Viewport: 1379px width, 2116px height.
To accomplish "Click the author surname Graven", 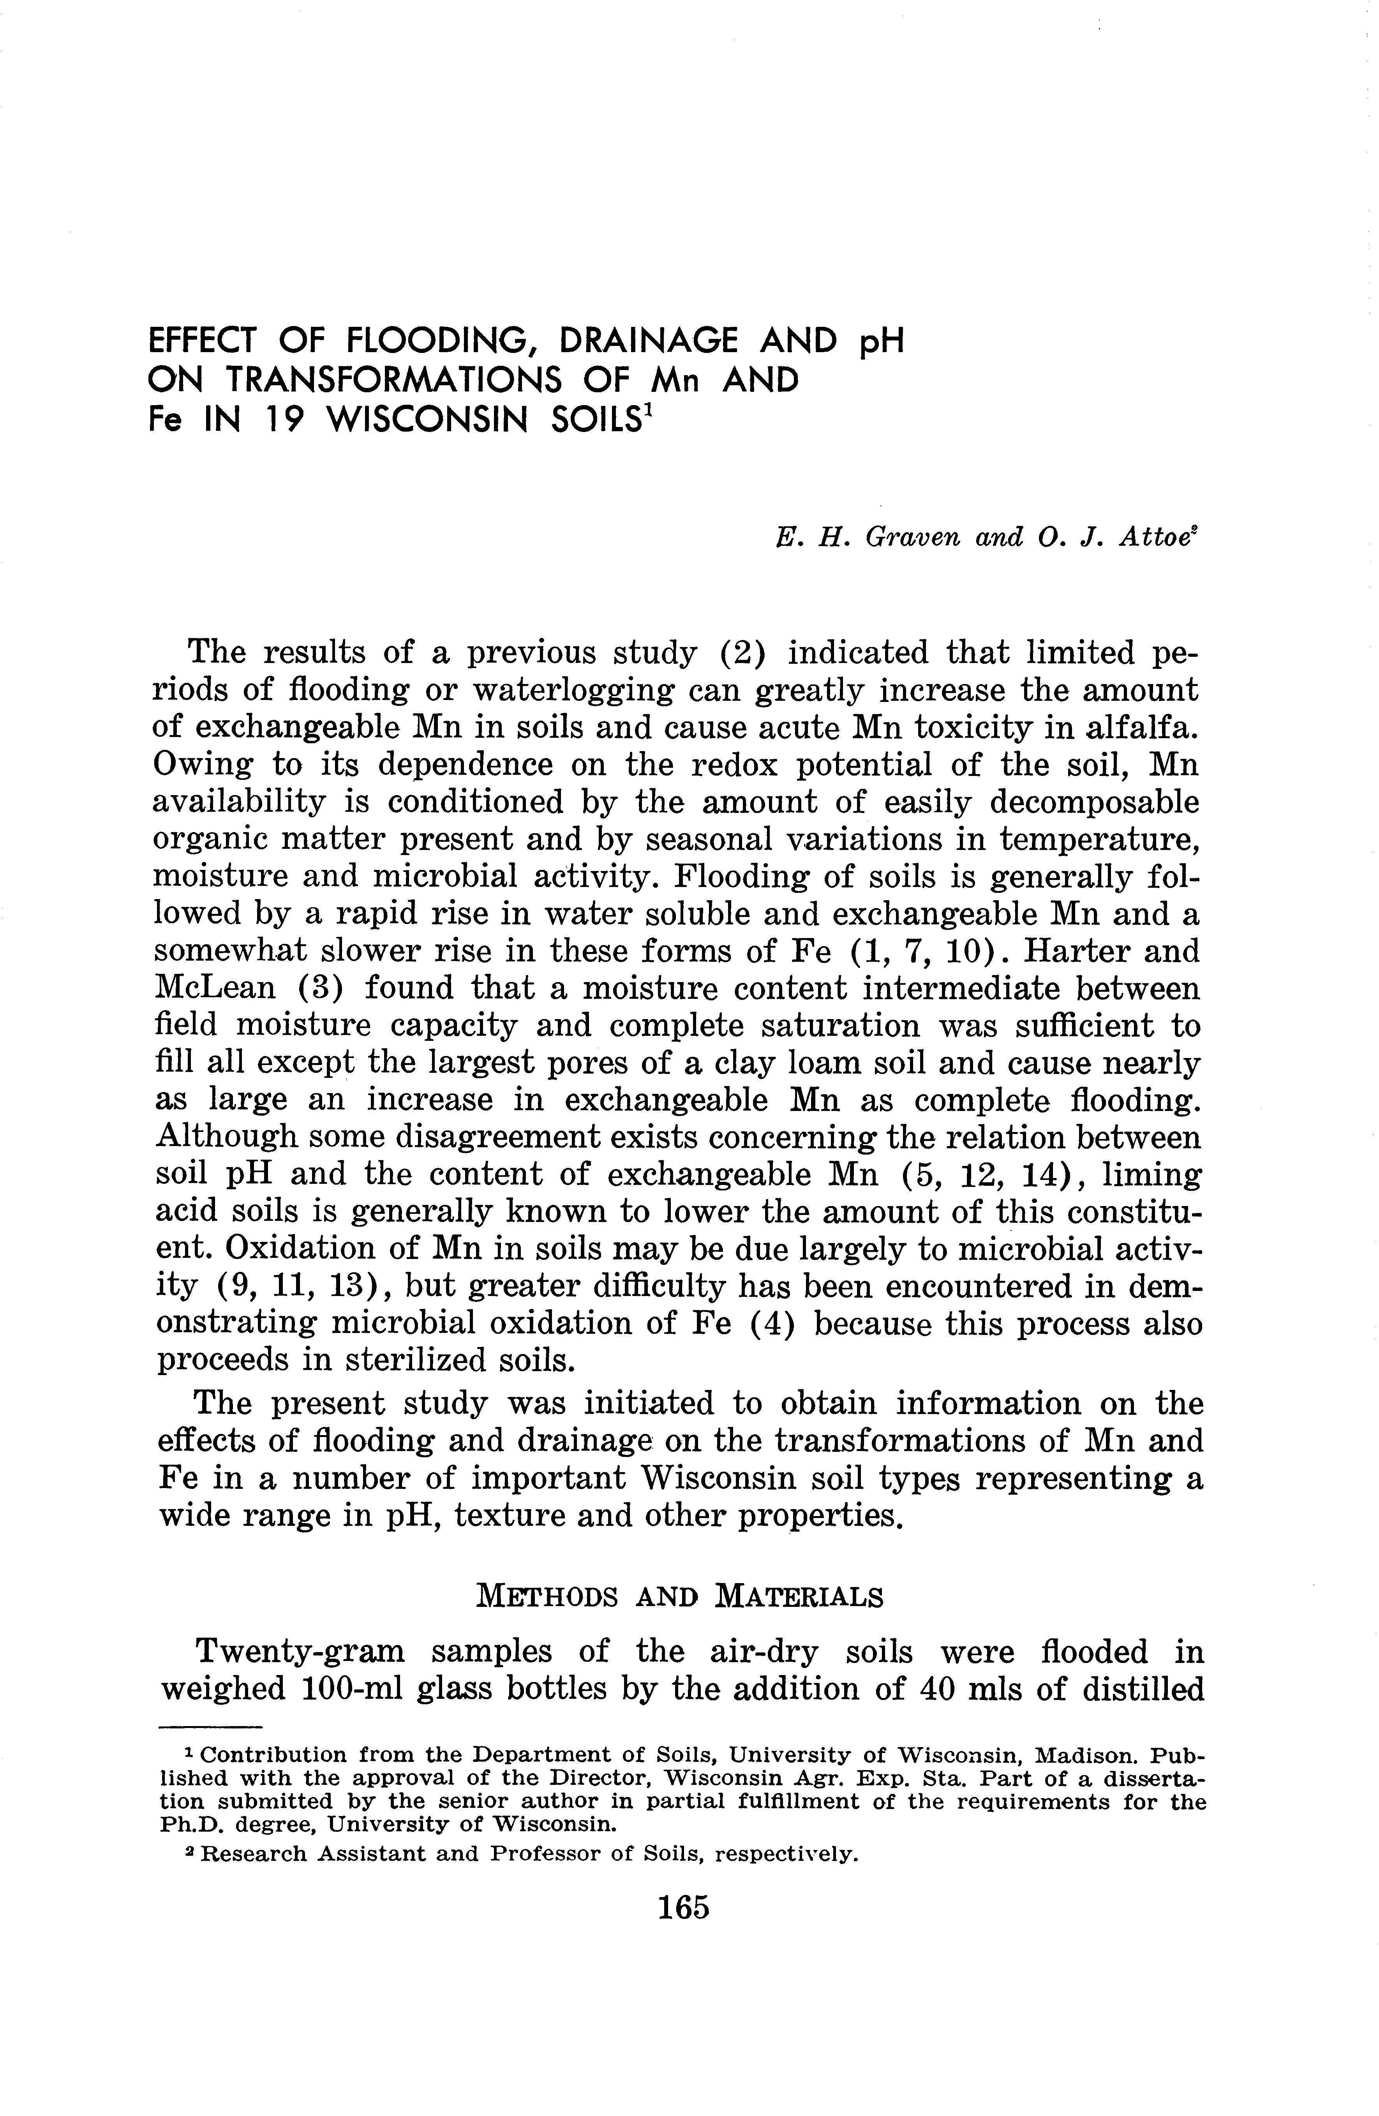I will (x=916, y=538).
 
